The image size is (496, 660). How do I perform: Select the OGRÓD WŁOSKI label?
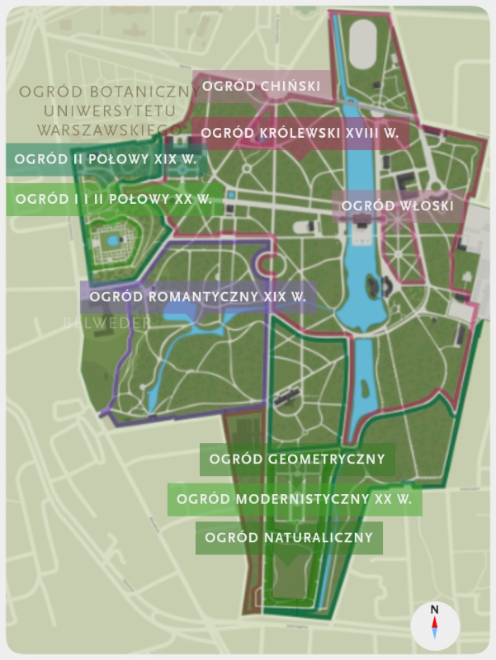pyautogui.click(x=398, y=205)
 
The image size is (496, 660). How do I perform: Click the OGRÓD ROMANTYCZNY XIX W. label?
pyautogui.click(x=198, y=296)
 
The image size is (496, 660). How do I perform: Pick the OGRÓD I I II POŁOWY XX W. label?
pyautogui.click(x=113, y=199)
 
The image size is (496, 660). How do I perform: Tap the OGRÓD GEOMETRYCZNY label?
pyautogui.click(x=297, y=460)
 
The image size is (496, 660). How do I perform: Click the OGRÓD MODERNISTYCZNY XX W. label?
pyautogui.click(x=295, y=500)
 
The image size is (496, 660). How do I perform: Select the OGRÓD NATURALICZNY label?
pyautogui.click(x=289, y=538)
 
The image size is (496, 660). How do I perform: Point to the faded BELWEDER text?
pyautogui.click(x=107, y=323)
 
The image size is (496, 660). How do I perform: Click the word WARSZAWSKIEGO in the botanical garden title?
pyautogui.click(x=109, y=130)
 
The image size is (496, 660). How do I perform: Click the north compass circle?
pyautogui.click(x=434, y=625)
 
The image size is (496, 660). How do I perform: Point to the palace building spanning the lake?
pyautogui.click(x=361, y=221)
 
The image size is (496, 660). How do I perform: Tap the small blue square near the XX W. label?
pyautogui.click(x=232, y=196)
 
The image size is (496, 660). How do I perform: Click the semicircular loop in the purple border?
pyautogui.click(x=267, y=266)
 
